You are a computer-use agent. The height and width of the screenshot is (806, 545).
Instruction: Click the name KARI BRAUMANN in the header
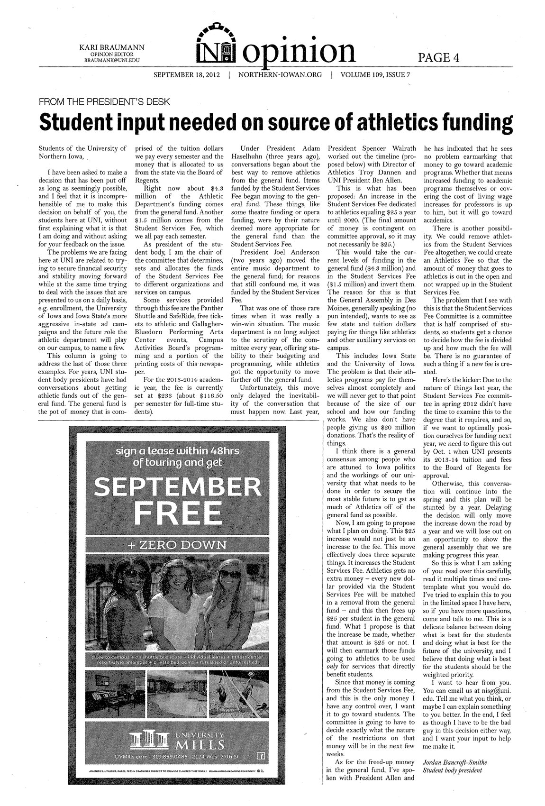(112, 47)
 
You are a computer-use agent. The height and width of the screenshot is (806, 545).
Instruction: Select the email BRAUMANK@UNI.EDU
(112, 61)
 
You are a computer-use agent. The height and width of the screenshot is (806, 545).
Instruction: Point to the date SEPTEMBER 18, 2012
(187, 75)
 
